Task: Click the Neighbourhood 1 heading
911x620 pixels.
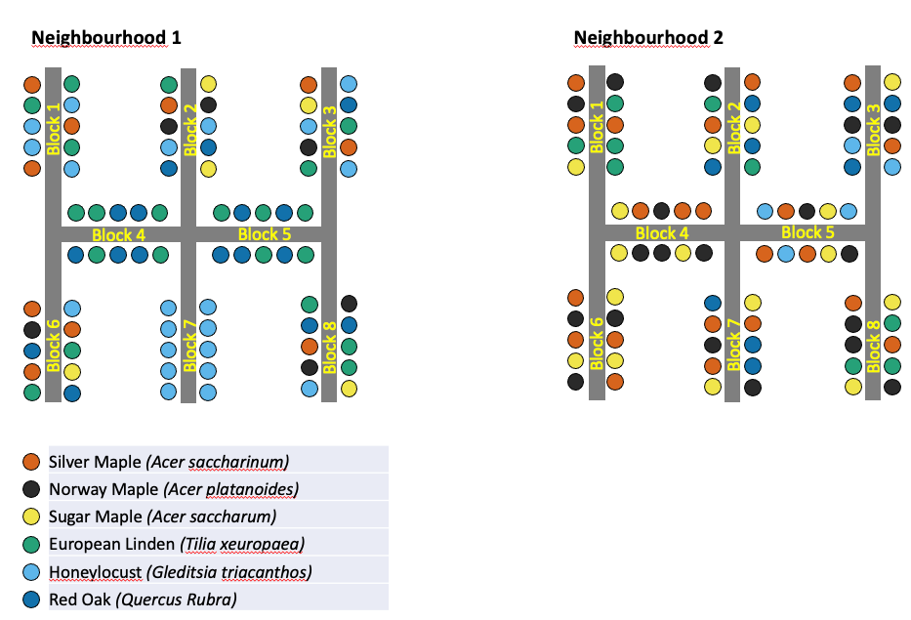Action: [106, 38]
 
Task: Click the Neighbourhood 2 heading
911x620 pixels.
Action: [648, 38]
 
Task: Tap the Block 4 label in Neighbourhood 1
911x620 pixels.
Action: [118, 234]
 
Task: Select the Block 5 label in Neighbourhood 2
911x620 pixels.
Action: [807, 232]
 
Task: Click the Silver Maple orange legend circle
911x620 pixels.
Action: [32, 461]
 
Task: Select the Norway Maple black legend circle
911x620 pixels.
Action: [32, 488]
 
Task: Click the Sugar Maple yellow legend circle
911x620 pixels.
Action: [32, 516]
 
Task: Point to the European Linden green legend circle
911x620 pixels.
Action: [32, 543]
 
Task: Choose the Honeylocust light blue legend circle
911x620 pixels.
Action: [32, 571]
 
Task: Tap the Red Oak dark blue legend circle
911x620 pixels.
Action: [32, 599]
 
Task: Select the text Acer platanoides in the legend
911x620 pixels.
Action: [231, 488]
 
